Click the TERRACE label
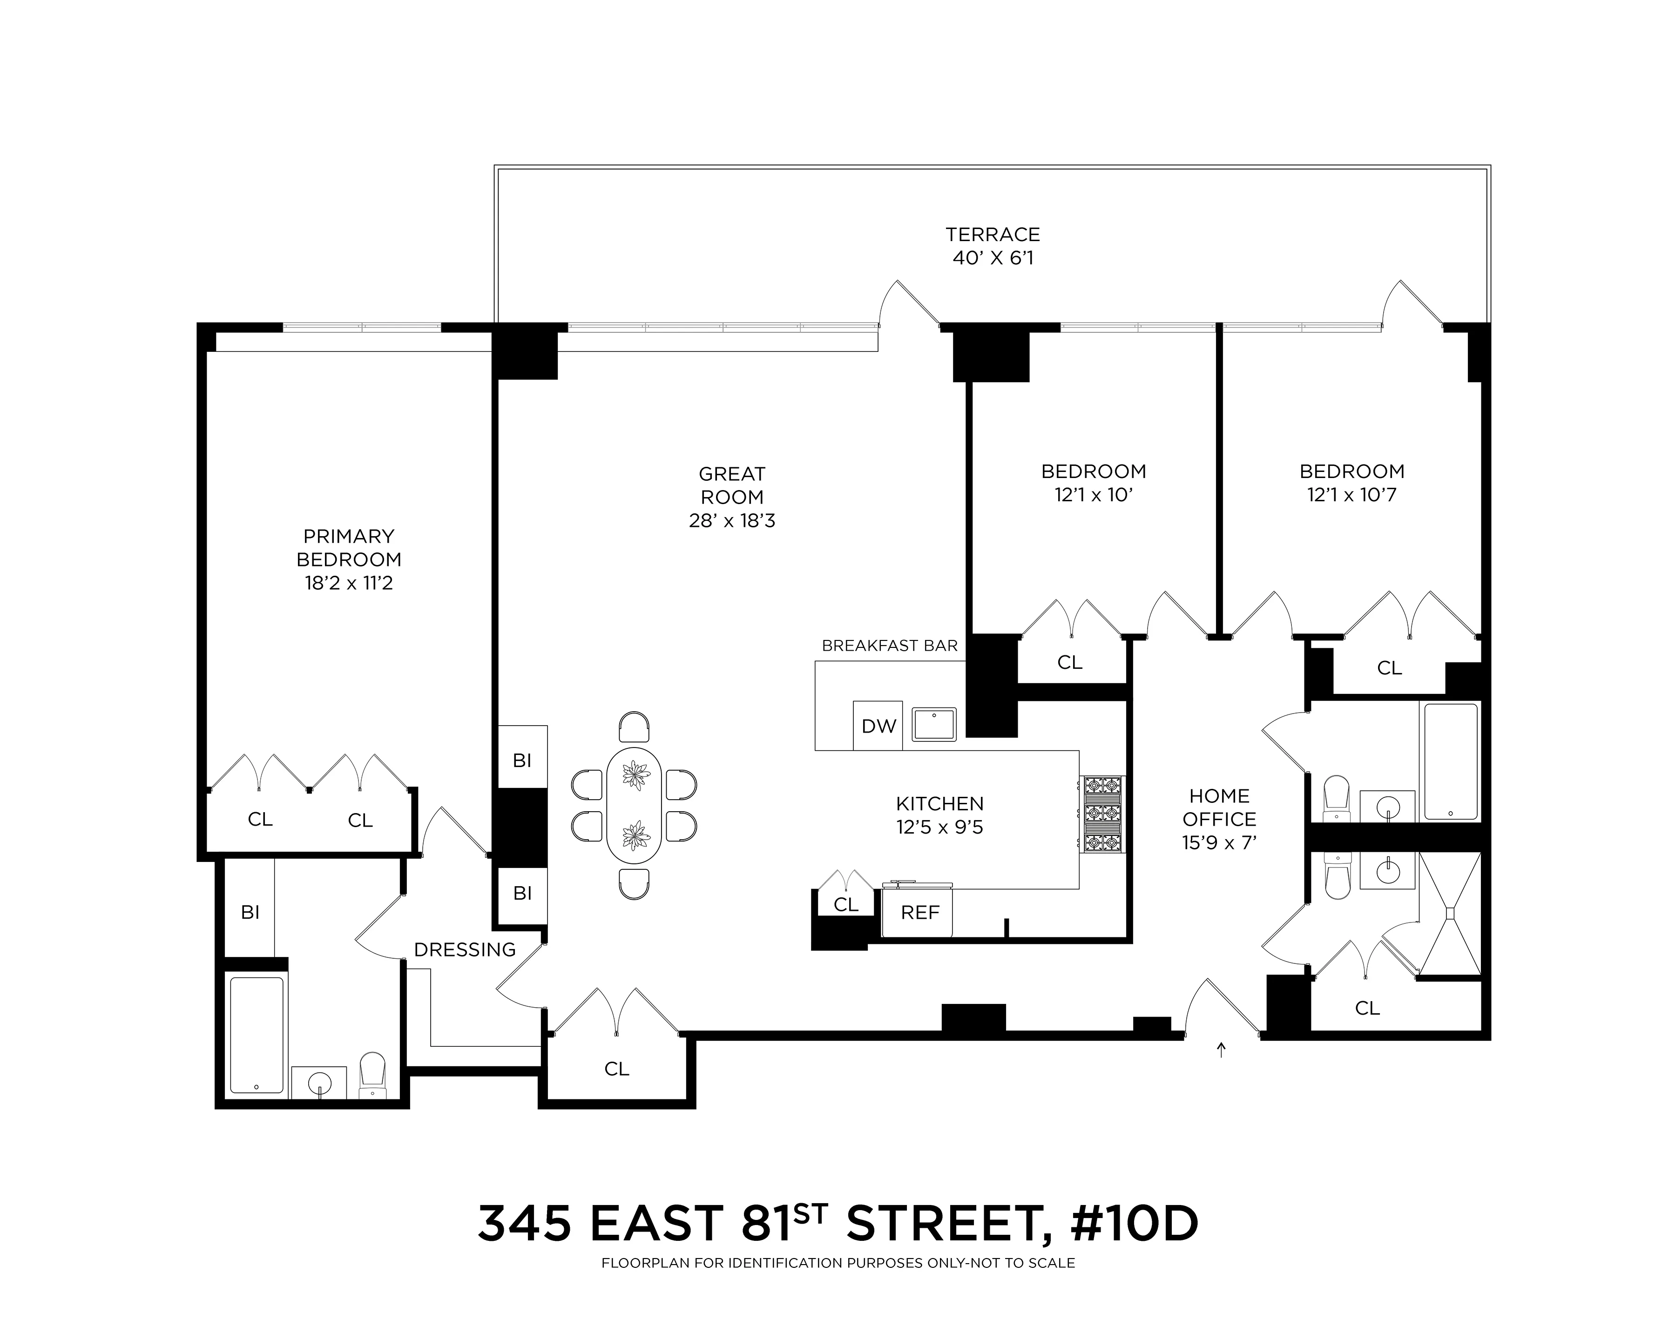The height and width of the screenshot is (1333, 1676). (993, 235)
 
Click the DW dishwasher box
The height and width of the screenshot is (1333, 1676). (879, 726)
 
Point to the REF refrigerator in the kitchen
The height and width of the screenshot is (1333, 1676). (919, 913)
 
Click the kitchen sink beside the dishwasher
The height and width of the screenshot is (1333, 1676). (933, 724)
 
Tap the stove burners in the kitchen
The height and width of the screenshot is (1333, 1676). (1103, 814)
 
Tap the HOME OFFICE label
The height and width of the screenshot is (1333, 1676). (1219, 808)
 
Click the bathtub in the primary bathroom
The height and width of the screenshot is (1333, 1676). (257, 1035)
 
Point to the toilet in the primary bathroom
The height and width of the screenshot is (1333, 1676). (373, 1075)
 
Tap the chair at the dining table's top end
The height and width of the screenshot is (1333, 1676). (635, 726)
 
